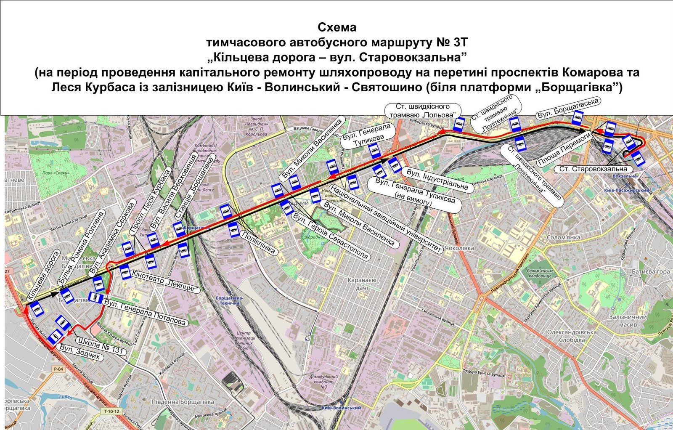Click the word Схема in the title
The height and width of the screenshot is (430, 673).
(x=336, y=27)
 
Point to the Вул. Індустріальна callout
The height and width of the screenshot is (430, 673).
(x=437, y=179)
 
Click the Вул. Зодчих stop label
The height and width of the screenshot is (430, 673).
(x=80, y=353)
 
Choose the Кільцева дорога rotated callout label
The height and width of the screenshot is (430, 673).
(x=43, y=276)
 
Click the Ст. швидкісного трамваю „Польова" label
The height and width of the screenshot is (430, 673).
(x=422, y=111)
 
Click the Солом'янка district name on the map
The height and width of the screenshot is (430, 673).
(x=563, y=238)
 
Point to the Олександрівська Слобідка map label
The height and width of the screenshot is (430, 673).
(x=572, y=336)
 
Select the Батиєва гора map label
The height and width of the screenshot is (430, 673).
(x=650, y=272)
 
